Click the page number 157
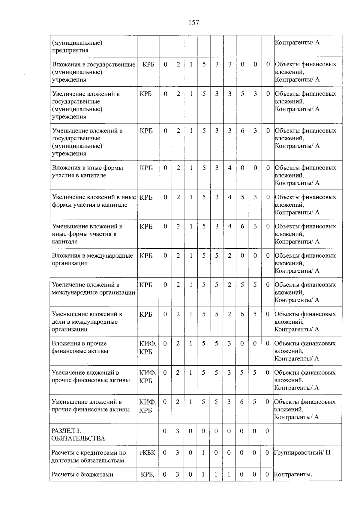pos(194,22)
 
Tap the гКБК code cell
pos(148,453)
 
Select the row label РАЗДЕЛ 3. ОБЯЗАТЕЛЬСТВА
pos(78,435)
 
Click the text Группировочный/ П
pos(302,453)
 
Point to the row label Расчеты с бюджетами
pos(82,475)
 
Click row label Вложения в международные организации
pos(92,259)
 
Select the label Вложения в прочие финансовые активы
pos(80,347)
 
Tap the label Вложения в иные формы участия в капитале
pos(88,172)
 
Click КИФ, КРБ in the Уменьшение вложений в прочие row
pos(148,406)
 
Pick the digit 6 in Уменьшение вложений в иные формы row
pos(242,226)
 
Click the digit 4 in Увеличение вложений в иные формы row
pos(229,197)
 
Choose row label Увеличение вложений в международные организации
pos(93,289)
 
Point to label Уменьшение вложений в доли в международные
pos(87,322)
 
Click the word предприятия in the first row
pos(70,50)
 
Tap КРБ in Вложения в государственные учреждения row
pos(148,64)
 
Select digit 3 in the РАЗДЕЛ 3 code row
pos(177,431)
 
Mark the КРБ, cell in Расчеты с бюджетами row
pos(148,475)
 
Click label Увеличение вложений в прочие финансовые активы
pos(91,376)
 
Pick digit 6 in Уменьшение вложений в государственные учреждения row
pos(242,131)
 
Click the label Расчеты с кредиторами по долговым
pos(88,456)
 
